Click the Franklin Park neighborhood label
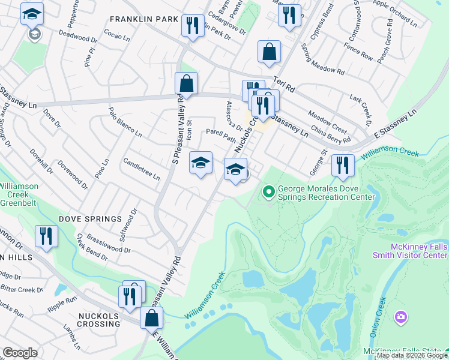[141, 19]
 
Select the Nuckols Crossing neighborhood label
[98, 319]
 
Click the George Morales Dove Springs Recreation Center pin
[269, 193]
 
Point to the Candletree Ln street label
[142, 169]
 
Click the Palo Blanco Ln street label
[125, 122]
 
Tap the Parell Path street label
[220, 134]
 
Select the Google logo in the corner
[20, 353]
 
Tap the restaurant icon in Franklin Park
[192, 25]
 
